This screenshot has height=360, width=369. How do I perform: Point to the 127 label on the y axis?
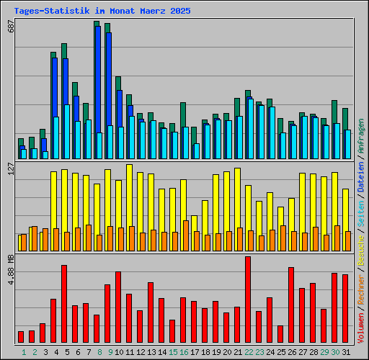pos(10,169)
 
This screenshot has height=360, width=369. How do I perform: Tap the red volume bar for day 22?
pos(248,299)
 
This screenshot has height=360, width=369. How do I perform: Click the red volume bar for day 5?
pos(64,303)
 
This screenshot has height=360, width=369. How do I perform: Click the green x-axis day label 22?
pos(248,351)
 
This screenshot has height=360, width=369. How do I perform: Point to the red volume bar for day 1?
pos(21,336)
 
